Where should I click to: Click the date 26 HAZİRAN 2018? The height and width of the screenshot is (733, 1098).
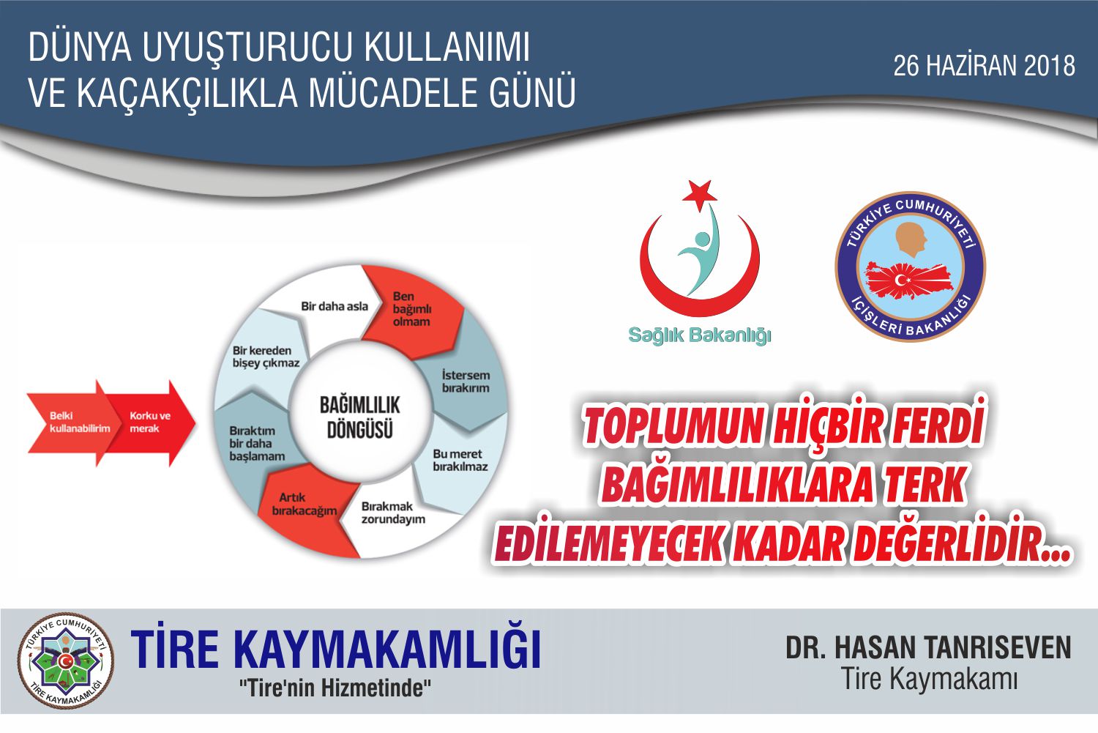(985, 66)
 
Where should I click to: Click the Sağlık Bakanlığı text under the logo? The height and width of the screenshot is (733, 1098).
(700, 335)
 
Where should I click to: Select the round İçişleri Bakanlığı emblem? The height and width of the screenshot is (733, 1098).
(911, 267)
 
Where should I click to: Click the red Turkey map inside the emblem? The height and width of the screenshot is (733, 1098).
(909, 280)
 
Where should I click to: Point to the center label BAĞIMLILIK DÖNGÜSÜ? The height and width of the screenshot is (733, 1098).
(360, 417)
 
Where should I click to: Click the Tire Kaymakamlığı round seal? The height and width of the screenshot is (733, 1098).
(66, 661)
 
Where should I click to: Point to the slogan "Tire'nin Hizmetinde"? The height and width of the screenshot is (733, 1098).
(335, 688)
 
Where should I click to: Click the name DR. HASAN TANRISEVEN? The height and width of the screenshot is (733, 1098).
(928, 647)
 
